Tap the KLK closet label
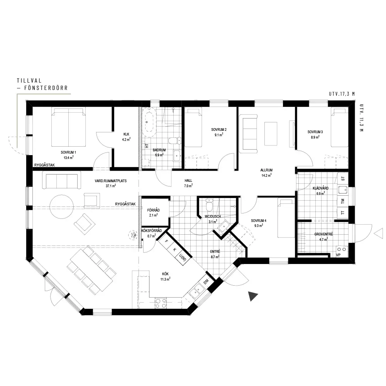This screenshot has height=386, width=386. coord(126,134)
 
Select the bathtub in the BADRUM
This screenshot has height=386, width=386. coord(149,122)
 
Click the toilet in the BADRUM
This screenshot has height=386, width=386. coord(174,141)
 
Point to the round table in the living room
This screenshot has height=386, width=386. coord(61,207)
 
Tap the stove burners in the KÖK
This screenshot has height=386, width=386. coord(161,303)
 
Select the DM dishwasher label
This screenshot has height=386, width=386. coord(206,281)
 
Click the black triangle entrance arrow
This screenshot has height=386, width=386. coord(252,296)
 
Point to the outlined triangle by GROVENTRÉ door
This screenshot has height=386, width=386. coord(379,234)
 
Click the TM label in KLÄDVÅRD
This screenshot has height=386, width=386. coord(343,201)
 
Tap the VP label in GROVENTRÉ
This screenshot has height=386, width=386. coord(338,255)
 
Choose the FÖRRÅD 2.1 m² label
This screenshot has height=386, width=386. coord(153,213)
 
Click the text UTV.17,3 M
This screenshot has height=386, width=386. coord(342,94)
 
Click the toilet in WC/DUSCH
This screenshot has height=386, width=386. coord(209,205)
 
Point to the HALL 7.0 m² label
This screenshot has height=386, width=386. coord(188,183)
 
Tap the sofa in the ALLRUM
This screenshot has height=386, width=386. coord(250,132)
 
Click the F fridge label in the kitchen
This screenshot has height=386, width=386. coord(166,241)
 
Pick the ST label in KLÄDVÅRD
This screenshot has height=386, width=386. coord(343,179)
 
